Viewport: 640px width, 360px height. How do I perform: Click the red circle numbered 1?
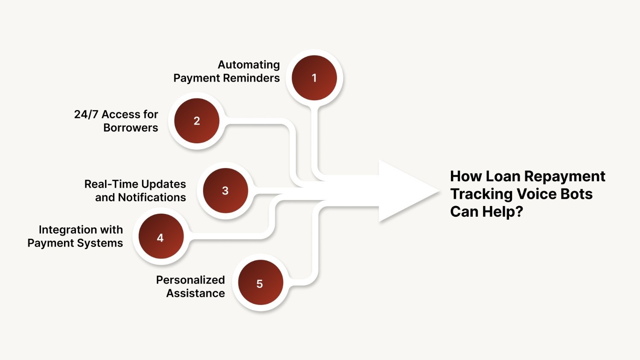click(x=314, y=78)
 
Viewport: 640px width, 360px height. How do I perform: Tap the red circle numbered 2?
click(x=197, y=121)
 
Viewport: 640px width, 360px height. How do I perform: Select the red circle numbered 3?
click(x=225, y=191)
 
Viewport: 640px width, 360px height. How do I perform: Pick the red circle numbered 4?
click(x=160, y=238)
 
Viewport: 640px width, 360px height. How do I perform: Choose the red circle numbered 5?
click(x=260, y=284)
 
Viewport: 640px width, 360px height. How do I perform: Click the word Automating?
click(x=249, y=65)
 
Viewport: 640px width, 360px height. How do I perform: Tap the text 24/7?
click(x=86, y=114)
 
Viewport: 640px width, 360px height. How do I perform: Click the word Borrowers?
click(x=131, y=128)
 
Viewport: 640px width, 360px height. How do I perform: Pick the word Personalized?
click(x=190, y=280)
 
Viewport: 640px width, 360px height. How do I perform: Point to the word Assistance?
click(x=195, y=293)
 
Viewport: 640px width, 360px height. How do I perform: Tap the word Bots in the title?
click(x=576, y=194)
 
